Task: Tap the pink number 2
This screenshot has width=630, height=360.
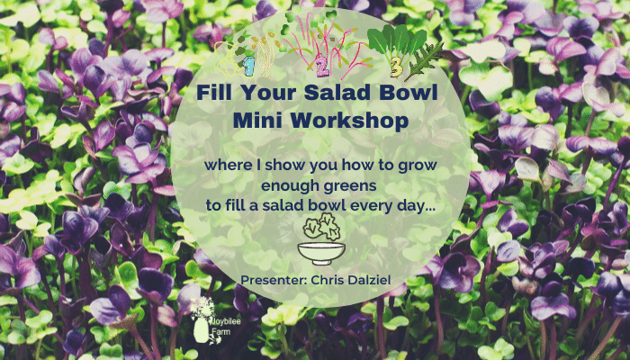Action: click(x=322, y=68)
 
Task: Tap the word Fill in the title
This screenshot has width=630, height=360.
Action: click(x=212, y=94)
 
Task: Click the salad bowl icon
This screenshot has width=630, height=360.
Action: click(x=321, y=253)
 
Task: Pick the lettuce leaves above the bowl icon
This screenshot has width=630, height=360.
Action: click(x=321, y=227)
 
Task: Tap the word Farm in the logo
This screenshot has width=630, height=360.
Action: click(x=219, y=332)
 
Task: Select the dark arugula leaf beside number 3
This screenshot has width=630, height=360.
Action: click(x=424, y=61)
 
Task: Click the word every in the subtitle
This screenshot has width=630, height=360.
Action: click(x=372, y=206)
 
